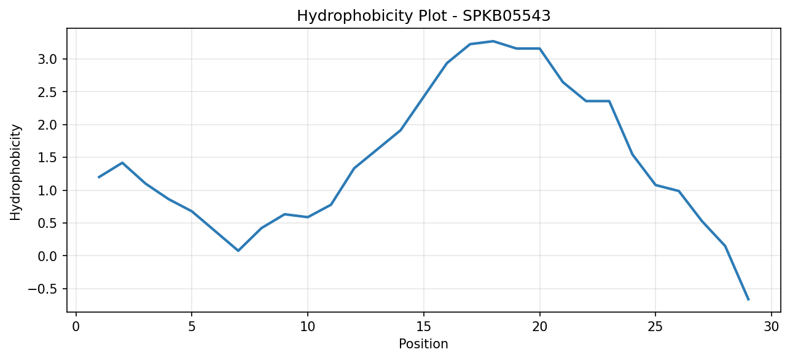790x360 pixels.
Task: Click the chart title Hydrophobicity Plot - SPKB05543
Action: (424, 16)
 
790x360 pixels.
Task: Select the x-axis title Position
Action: (423, 344)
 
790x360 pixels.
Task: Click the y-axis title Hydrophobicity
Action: (15, 173)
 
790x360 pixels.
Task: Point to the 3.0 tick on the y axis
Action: (47, 59)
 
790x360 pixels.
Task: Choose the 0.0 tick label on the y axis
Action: (47, 256)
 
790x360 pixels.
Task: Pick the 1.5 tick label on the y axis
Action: (47, 158)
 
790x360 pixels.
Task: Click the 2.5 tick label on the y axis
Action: (47, 92)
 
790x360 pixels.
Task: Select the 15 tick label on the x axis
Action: (424, 327)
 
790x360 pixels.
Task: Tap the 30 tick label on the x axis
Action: (772, 327)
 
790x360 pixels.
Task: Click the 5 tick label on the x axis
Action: (192, 327)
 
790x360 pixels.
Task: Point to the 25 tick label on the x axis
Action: (655, 327)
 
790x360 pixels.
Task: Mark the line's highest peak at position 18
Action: (493, 41)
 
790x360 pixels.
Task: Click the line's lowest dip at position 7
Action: (238, 251)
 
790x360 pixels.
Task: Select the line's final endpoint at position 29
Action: (748, 300)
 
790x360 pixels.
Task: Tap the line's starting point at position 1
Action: (99, 178)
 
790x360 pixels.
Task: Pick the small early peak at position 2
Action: (122, 163)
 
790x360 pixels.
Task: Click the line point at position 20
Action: (539, 49)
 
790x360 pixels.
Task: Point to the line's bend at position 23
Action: (609, 101)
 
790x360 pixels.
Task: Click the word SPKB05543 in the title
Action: (506, 16)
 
